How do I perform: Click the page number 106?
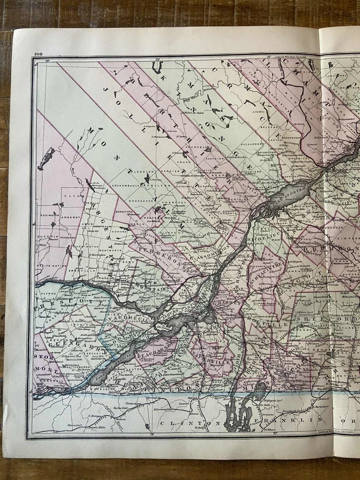point(38,54)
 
